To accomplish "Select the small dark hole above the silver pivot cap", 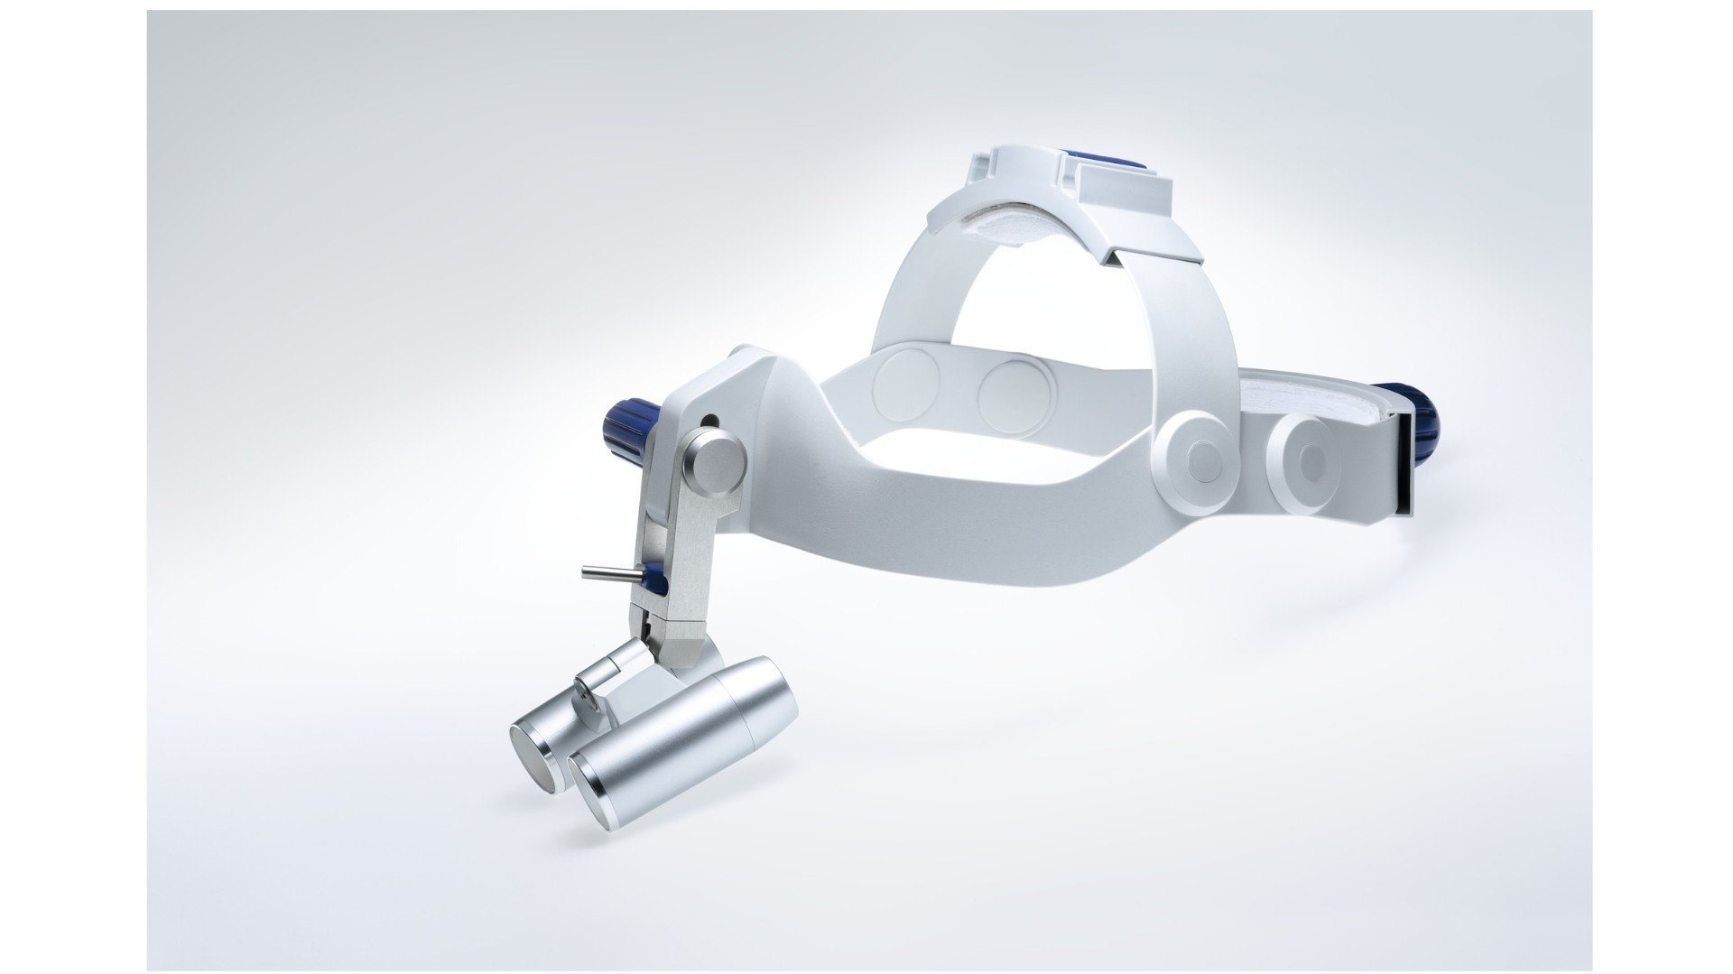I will [x=711, y=420].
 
